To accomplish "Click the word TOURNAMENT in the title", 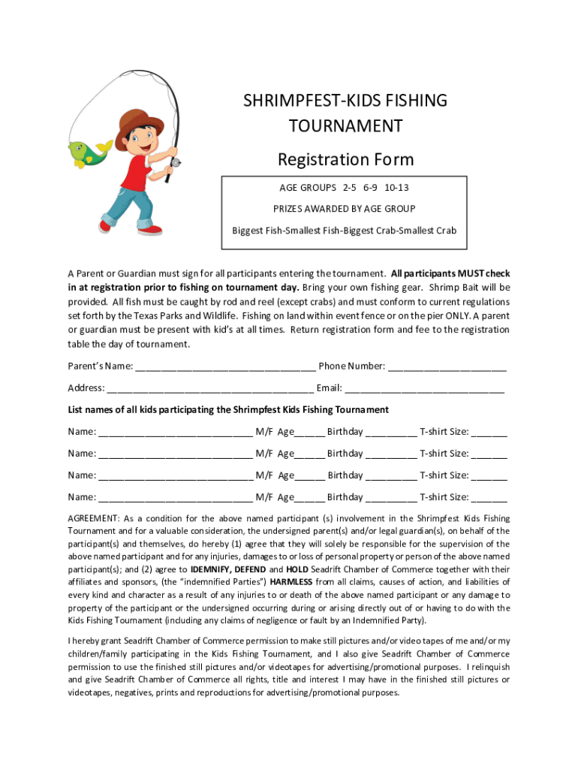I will coord(346,125).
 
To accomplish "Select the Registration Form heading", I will coord(345,159).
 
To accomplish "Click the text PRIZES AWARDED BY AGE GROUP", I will coord(344,208).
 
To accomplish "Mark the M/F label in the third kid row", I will coord(263,475).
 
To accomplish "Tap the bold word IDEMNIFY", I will coord(214,569).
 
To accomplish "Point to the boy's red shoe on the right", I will coord(149,230).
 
